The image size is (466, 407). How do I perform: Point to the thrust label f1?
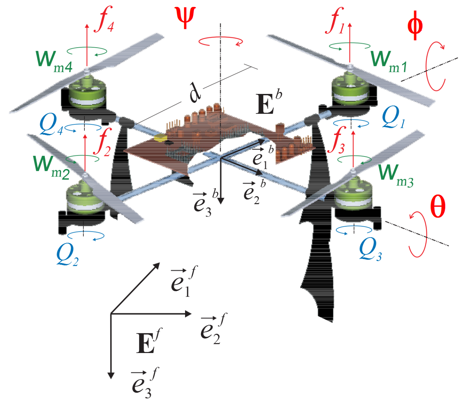click(335, 22)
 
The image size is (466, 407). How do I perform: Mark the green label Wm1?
click(389, 61)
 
